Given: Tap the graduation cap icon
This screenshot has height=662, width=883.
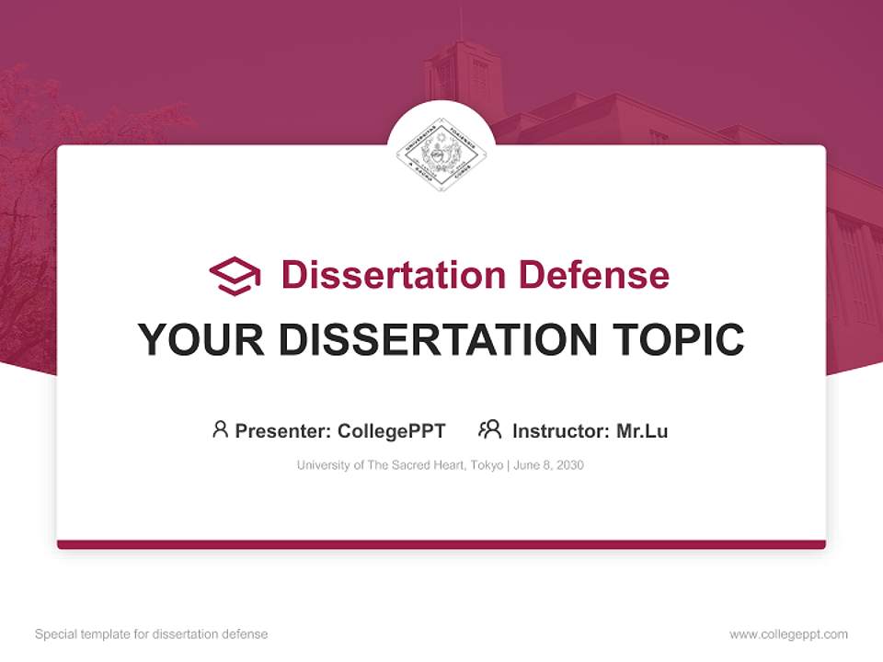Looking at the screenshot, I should (235, 276).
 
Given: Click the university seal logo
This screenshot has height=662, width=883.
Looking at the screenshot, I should (441, 154).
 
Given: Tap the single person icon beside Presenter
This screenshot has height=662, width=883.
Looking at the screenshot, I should (220, 429).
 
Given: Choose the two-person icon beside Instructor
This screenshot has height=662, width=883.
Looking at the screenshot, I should (489, 429).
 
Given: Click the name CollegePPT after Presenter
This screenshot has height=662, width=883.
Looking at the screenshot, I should (392, 430).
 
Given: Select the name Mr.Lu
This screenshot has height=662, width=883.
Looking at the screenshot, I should (642, 430).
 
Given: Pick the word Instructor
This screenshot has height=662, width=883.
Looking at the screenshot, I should (560, 430).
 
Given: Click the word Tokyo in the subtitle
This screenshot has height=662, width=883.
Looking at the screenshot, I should (487, 465).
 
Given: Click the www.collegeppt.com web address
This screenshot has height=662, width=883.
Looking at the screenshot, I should (788, 634).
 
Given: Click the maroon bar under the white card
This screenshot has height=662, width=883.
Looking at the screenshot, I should (441, 544).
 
